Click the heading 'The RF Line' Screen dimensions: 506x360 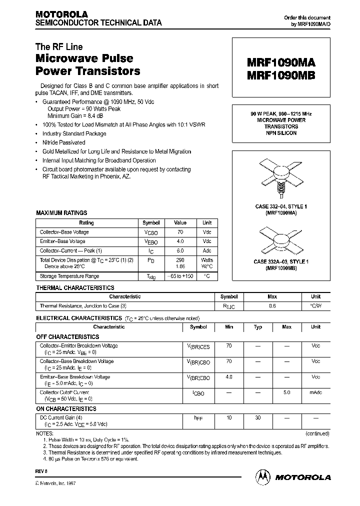pyautogui.click(x=59, y=47)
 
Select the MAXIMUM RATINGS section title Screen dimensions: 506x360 pyautogui.click(x=61, y=213)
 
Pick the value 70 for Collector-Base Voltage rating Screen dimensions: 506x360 pyautogui.click(x=180, y=232)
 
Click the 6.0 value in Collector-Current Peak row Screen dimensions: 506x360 pyautogui.click(x=180, y=250)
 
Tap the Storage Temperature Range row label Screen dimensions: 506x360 pyautogui.click(x=69, y=276)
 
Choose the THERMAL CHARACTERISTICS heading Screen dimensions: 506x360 pyautogui.click(x=75, y=288)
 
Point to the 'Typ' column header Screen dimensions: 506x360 pyautogui.click(x=258, y=327)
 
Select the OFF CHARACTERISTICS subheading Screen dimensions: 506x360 pyautogui.click(x=67, y=337)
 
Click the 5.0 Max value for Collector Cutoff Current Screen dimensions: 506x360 pyautogui.click(x=286, y=393)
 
